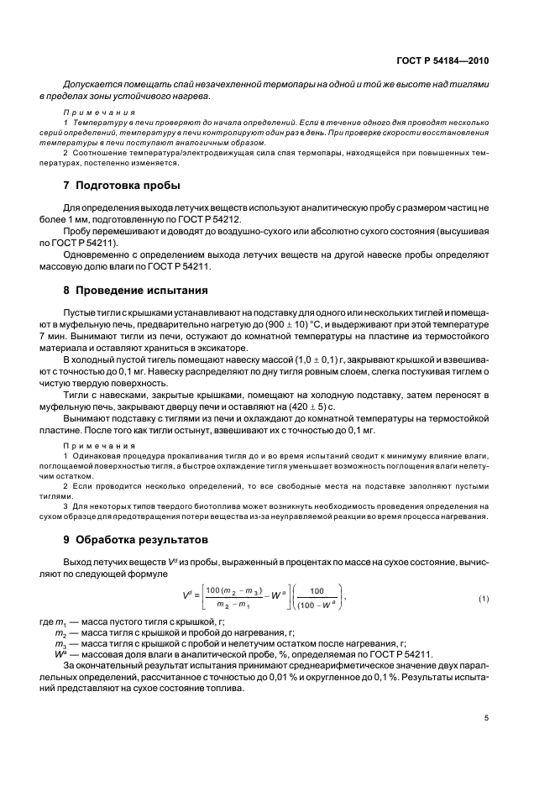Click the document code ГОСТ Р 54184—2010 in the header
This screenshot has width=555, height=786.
[442, 60]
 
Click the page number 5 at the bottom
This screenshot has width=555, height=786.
[486, 718]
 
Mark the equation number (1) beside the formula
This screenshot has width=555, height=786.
[483, 599]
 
